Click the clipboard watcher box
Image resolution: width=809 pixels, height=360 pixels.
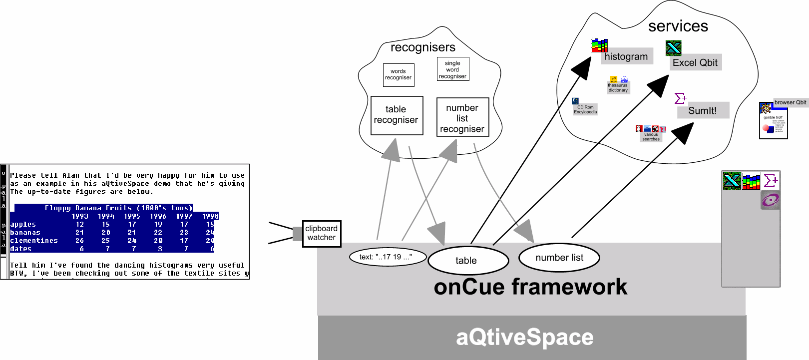322,233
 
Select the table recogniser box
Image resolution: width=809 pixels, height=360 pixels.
397,115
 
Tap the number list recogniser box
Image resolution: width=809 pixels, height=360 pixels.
462,118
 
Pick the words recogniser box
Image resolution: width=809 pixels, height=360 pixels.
399,75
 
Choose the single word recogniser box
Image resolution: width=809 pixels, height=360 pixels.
452,70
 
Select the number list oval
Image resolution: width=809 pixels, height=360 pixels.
559,258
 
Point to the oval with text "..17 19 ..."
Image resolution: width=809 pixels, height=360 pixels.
387,257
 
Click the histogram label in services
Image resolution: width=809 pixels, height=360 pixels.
626,56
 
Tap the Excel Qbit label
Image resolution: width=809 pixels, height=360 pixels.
695,62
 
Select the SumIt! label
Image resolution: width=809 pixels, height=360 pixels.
702,110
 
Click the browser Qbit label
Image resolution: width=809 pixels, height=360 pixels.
790,102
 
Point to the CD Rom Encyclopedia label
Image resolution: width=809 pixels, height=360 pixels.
585,109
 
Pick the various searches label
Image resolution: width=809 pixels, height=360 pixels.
651,137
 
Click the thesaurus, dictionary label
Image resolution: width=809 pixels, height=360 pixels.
618,88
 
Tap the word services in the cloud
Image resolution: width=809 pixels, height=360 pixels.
678,26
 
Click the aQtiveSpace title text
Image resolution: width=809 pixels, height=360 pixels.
524,337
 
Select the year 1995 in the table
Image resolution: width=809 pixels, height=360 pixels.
132,216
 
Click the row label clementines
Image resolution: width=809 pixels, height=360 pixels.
34,241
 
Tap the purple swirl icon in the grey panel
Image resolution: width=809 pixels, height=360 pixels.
770,200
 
